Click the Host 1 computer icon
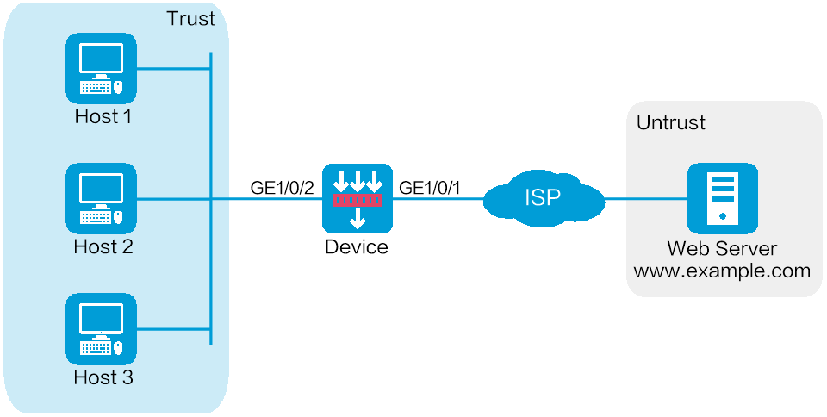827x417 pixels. click(x=101, y=68)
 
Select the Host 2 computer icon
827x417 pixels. click(x=101, y=199)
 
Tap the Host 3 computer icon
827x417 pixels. click(x=101, y=329)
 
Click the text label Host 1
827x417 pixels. click(x=103, y=115)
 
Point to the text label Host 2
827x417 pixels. click(x=103, y=247)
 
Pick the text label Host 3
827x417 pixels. click(x=103, y=377)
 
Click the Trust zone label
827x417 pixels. click(x=190, y=19)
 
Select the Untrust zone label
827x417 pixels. click(x=670, y=122)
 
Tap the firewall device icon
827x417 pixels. click(x=357, y=199)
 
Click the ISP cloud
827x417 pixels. click(x=543, y=199)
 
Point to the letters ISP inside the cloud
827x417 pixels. click(x=543, y=198)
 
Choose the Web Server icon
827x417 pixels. click(x=722, y=199)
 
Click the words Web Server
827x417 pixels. click(x=722, y=249)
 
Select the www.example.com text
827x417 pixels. click(x=722, y=271)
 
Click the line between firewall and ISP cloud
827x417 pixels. click(x=438, y=199)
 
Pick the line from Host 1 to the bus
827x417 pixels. click(x=172, y=68)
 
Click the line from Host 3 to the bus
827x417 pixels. click(x=172, y=329)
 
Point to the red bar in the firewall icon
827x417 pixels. click(x=357, y=200)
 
